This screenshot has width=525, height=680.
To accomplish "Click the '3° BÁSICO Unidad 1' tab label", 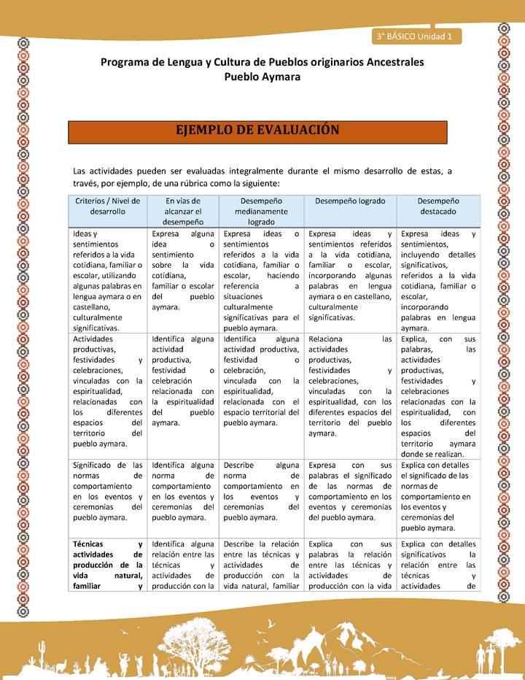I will point(415,36).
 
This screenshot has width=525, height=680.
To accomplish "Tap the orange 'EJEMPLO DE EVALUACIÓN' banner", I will point(257,131).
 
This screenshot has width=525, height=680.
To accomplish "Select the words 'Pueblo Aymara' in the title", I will point(262,77).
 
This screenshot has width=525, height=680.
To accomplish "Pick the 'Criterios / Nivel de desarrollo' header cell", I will point(109,206).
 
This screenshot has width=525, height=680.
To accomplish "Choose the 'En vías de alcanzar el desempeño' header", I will point(183,211).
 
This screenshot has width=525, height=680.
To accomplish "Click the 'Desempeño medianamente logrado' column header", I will point(261,211).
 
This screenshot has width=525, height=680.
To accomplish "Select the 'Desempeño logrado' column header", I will point(349,201).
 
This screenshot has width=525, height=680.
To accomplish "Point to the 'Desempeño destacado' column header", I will point(437,206).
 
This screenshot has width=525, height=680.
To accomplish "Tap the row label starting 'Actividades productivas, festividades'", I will point(108,391).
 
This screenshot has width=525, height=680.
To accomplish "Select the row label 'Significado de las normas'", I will point(108,491).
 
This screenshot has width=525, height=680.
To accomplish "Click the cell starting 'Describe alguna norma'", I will point(261,491).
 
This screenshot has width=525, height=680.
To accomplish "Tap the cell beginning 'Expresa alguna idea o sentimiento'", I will point(183,271).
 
